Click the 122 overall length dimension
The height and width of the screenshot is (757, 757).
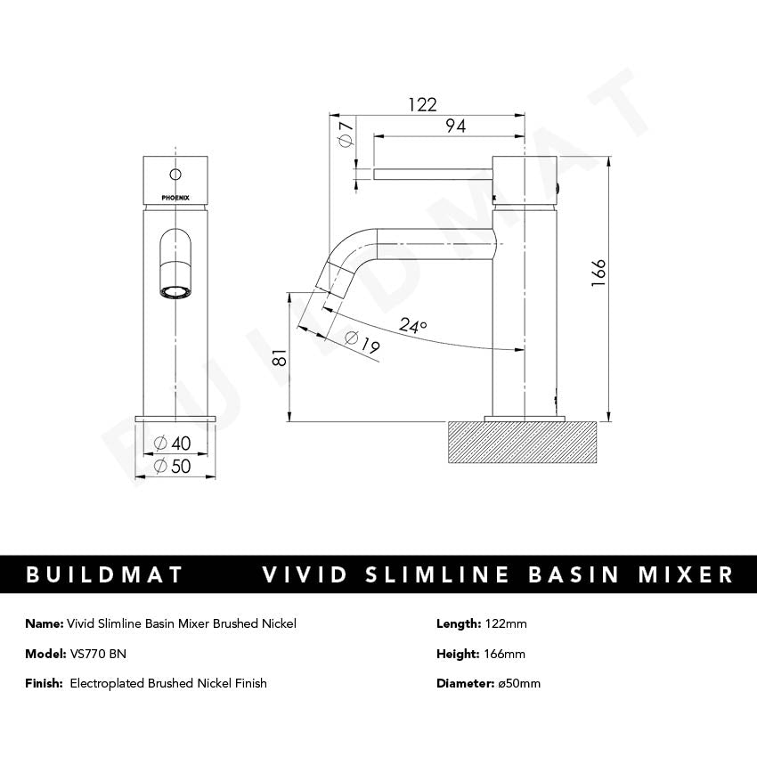[422, 104]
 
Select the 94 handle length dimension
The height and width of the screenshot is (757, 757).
[454, 126]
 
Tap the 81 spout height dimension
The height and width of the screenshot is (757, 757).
[279, 357]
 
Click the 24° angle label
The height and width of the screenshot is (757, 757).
[412, 326]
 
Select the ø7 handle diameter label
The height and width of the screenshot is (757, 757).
[346, 134]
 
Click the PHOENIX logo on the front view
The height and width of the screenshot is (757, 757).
[175, 198]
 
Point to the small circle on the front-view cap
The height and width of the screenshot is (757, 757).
[175, 174]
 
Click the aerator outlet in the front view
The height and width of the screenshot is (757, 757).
[175, 290]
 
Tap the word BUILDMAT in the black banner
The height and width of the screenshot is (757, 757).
[104, 574]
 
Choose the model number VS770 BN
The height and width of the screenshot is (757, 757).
[97, 654]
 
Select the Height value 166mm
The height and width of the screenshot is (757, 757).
[505, 654]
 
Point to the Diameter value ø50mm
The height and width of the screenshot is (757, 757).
[518, 683]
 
